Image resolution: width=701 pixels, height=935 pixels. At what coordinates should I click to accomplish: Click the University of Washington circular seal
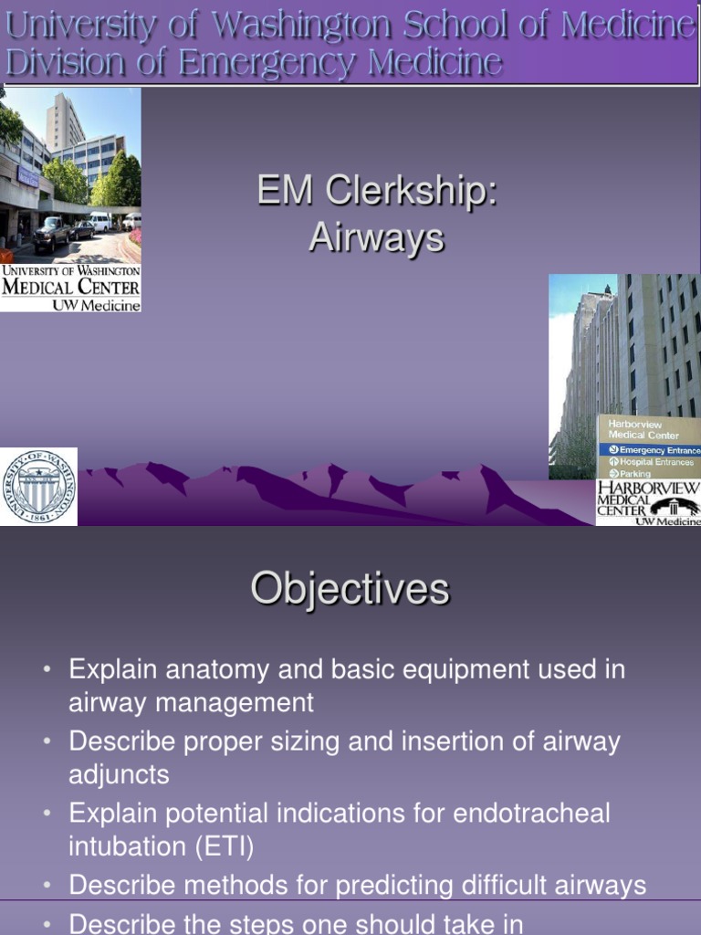point(38,487)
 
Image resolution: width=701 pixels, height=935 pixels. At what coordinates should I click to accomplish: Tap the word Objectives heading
point(350,589)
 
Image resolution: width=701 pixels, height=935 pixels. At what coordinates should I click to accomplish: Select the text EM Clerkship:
point(376,193)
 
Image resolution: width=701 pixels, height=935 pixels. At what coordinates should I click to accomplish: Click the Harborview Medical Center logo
point(648,503)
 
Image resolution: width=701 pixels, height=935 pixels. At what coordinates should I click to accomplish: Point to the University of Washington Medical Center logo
point(71,288)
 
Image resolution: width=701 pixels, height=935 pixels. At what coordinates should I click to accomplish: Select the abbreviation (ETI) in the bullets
point(223,846)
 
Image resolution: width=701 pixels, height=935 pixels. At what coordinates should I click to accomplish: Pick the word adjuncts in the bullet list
point(119,775)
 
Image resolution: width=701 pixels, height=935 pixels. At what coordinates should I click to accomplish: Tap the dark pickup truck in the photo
point(51,234)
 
